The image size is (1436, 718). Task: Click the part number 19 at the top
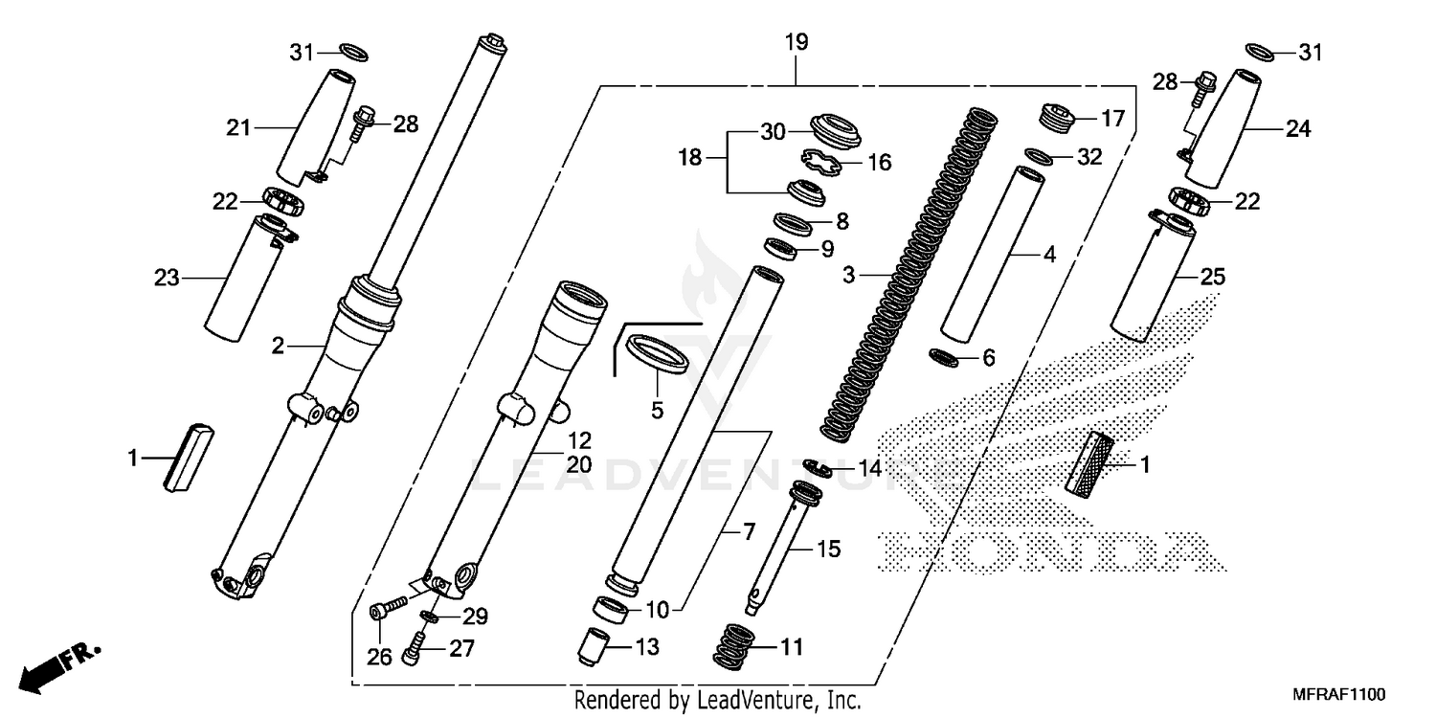tap(796, 42)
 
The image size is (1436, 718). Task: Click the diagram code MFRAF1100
tap(1337, 692)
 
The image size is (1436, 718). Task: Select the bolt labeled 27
tap(415, 649)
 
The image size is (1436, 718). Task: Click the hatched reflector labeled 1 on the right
tap(1092, 464)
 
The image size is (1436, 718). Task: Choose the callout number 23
tap(167, 279)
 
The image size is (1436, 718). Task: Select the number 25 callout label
tap(1212, 279)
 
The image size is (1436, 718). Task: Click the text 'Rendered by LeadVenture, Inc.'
tap(717, 700)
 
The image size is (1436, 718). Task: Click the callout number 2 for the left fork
tap(278, 347)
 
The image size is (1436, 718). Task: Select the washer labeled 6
tap(945, 357)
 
